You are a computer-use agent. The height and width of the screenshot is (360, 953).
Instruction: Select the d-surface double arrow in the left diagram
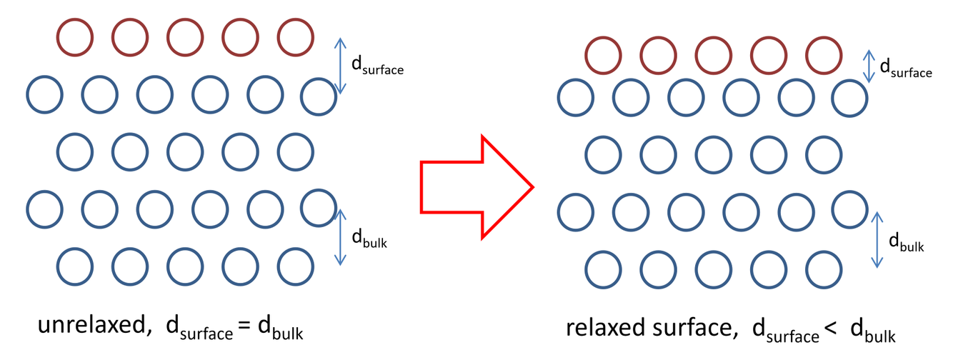click(x=341, y=66)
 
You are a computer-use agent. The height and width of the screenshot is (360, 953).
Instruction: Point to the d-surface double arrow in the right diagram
click(x=869, y=66)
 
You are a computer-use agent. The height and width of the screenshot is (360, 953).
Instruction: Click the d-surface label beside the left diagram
click(x=377, y=66)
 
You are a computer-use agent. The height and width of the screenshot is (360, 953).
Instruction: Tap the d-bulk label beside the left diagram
click(x=369, y=239)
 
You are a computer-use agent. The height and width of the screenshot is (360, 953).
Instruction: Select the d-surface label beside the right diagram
click(x=905, y=69)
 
